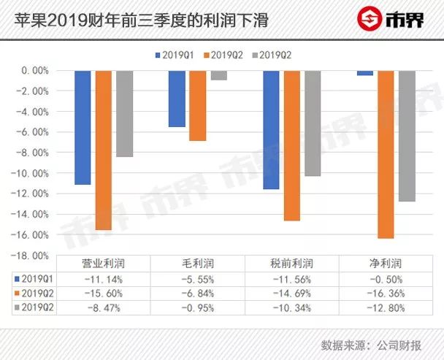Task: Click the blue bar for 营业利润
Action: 83,128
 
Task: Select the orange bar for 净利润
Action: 386,154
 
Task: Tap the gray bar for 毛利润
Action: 218,75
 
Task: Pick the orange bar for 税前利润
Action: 291,145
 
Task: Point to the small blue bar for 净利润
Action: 365,73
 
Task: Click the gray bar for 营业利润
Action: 124,114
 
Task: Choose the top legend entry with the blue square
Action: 175,55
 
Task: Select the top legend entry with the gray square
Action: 273,55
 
